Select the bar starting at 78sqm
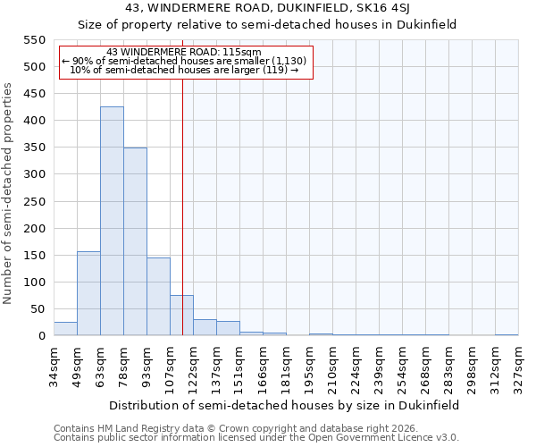135,241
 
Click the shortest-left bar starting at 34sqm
65,329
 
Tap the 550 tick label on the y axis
33,40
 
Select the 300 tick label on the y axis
33,174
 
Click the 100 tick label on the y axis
33,283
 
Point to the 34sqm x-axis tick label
54,366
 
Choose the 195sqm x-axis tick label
310,366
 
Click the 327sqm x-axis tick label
519,366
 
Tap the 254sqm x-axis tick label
403,366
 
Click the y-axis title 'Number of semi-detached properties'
8,193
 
